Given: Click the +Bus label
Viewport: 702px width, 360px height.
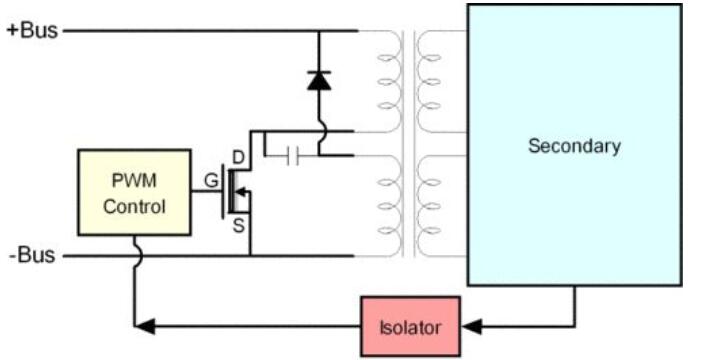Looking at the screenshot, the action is pos(33,30).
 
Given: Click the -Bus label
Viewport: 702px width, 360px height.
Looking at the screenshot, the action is pos(33,255).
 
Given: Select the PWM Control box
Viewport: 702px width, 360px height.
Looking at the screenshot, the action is pos(134,193).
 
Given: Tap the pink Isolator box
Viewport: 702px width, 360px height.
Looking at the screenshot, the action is pos(411,326).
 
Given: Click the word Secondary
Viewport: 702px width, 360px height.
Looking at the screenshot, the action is pos(574,146).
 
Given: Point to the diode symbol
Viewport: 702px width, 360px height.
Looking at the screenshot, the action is pos(319,81).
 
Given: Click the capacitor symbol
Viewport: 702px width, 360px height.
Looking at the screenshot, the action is pos(293,156).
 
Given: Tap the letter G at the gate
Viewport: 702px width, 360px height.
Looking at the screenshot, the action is pos(211,181).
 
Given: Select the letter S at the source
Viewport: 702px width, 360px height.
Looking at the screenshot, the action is pos(239,226).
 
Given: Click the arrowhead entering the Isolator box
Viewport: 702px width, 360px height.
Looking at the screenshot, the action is pos(472,326).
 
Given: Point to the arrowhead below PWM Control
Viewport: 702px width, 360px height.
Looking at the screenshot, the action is pos(145,326).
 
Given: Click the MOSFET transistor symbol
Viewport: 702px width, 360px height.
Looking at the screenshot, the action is pos(236,192).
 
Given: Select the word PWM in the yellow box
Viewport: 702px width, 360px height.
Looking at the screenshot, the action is pos(134,181).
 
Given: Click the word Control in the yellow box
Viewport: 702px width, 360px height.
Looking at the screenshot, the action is pos(134,207).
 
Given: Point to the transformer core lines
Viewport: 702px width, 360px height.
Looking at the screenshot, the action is pos(409,143).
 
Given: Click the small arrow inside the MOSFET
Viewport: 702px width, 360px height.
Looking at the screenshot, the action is pos(241,192).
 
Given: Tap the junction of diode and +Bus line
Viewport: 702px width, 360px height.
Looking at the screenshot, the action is pos(319,31).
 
